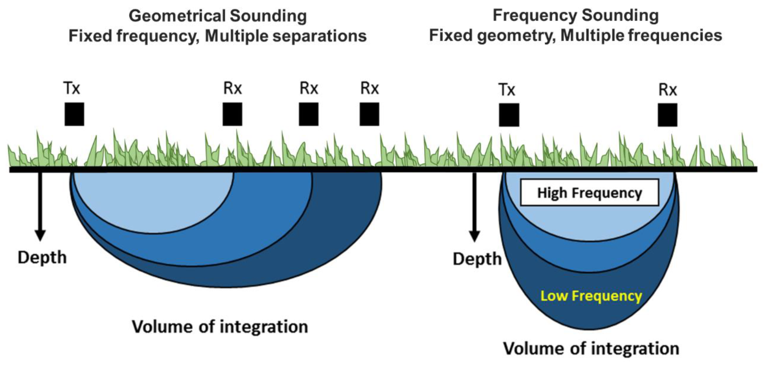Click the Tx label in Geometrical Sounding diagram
click(x=72, y=88)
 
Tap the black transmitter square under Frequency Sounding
click(x=509, y=115)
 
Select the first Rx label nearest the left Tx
click(x=232, y=88)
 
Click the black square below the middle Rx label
click(x=308, y=114)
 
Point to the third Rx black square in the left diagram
click(x=369, y=114)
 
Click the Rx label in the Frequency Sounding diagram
click(x=667, y=90)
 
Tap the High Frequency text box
click(x=589, y=193)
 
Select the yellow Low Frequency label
click(x=591, y=296)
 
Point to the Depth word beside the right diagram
click(x=477, y=259)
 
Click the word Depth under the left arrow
click(x=42, y=258)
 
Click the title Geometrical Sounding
click(x=218, y=16)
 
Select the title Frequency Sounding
click(x=576, y=15)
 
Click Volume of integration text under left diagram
click(x=220, y=327)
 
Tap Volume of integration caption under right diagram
click(x=591, y=349)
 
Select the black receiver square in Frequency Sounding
click(x=667, y=115)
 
